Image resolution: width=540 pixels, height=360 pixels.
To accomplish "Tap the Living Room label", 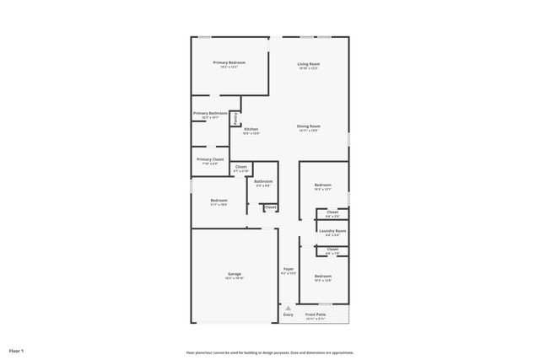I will coord(308,64).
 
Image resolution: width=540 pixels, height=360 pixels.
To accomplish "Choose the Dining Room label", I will coord(308,126).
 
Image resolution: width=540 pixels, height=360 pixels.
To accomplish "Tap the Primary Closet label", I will coord(210,159).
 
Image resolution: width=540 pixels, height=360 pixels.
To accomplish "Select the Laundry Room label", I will coord(331,231).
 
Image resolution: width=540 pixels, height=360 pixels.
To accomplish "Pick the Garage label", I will coord(235,274).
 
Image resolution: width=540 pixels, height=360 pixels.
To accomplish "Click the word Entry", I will coord(288,315).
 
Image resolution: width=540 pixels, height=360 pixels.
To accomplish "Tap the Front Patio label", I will coord(316,315).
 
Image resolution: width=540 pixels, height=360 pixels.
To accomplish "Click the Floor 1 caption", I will coord(16,350).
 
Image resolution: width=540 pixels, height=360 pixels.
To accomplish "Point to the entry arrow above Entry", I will coord(288,308).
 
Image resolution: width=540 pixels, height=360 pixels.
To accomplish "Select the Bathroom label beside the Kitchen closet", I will coord(263,181).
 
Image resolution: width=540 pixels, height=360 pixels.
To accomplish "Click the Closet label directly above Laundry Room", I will coord(332,212).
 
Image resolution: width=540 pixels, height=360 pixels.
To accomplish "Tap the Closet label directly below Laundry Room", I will coord(332,249).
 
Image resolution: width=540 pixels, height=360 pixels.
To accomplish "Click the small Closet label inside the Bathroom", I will coord(270,207).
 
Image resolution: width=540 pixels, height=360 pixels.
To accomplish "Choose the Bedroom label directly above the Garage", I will coord(219,201).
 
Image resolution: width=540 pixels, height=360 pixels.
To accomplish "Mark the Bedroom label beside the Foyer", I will coord(323,277).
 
